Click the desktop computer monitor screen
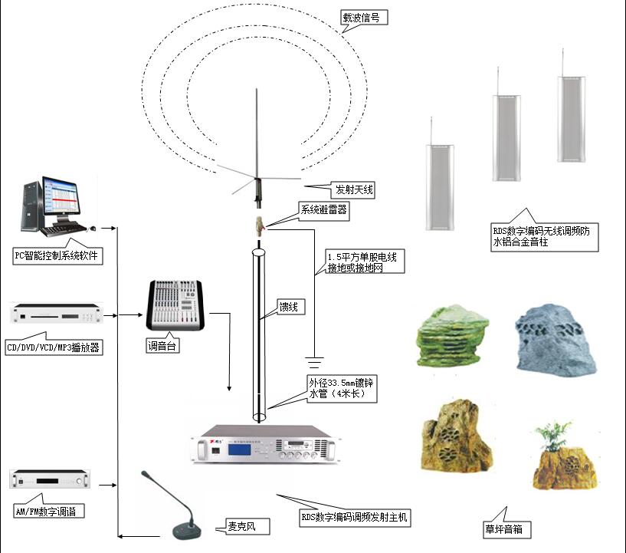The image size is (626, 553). pos(60,199)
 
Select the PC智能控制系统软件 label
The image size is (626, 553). pos(57,255)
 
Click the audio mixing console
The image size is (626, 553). pos(177,304)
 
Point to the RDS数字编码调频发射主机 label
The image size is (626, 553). pos(354,518)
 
